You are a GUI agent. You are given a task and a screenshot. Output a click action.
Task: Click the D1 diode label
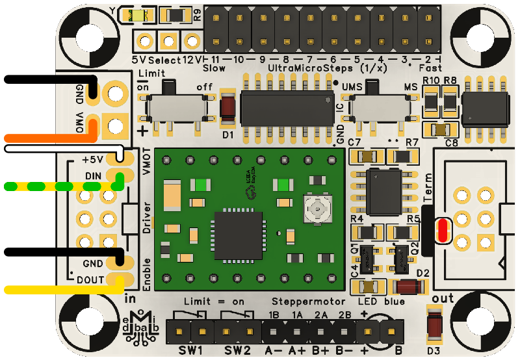coord(227,135)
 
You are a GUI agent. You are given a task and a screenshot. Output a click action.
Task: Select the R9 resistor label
coord(197,15)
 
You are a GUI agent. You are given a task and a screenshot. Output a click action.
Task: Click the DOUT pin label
coord(90,279)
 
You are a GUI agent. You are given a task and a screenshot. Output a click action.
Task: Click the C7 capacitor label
coord(354,142)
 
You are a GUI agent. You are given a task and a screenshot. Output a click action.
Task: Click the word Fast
coord(430,68)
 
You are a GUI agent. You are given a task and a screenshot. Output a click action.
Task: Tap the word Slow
coord(214,68)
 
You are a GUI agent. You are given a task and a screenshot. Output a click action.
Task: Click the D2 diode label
coord(422,272)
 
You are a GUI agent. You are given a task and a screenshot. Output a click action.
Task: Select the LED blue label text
coord(381,302)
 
